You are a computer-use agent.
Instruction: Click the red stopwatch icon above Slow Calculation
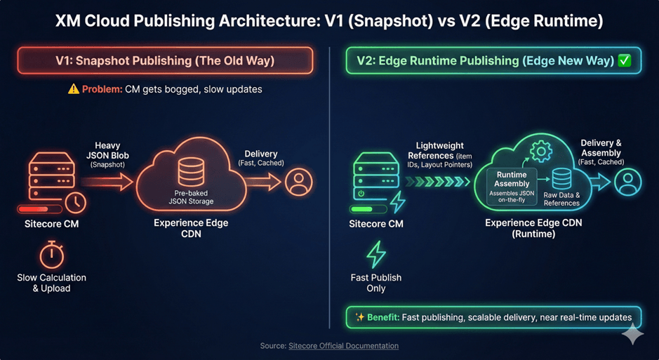tap(51, 255)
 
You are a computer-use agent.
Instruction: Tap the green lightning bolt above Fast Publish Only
tap(375, 255)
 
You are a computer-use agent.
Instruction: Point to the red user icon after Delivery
tap(299, 183)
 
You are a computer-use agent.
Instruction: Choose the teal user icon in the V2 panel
tap(627, 182)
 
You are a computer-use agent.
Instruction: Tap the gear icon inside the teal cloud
tap(540, 151)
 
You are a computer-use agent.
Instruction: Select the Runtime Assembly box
tap(512, 187)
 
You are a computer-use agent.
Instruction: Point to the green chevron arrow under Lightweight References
tap(439, 182)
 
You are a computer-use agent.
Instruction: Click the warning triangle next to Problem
tap(73, 89)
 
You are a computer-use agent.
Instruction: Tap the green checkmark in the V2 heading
tap(624, 61)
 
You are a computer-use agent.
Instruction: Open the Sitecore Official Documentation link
tap(343, 346)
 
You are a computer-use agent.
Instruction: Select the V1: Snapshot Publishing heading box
tap(165, 61)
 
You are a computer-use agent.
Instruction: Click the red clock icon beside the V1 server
tap(76, 202)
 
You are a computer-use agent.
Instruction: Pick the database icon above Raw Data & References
tap(561, 179)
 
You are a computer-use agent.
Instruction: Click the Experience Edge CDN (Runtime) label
tap(533, 228)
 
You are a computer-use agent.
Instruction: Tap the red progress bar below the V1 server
tap(38, 209)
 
